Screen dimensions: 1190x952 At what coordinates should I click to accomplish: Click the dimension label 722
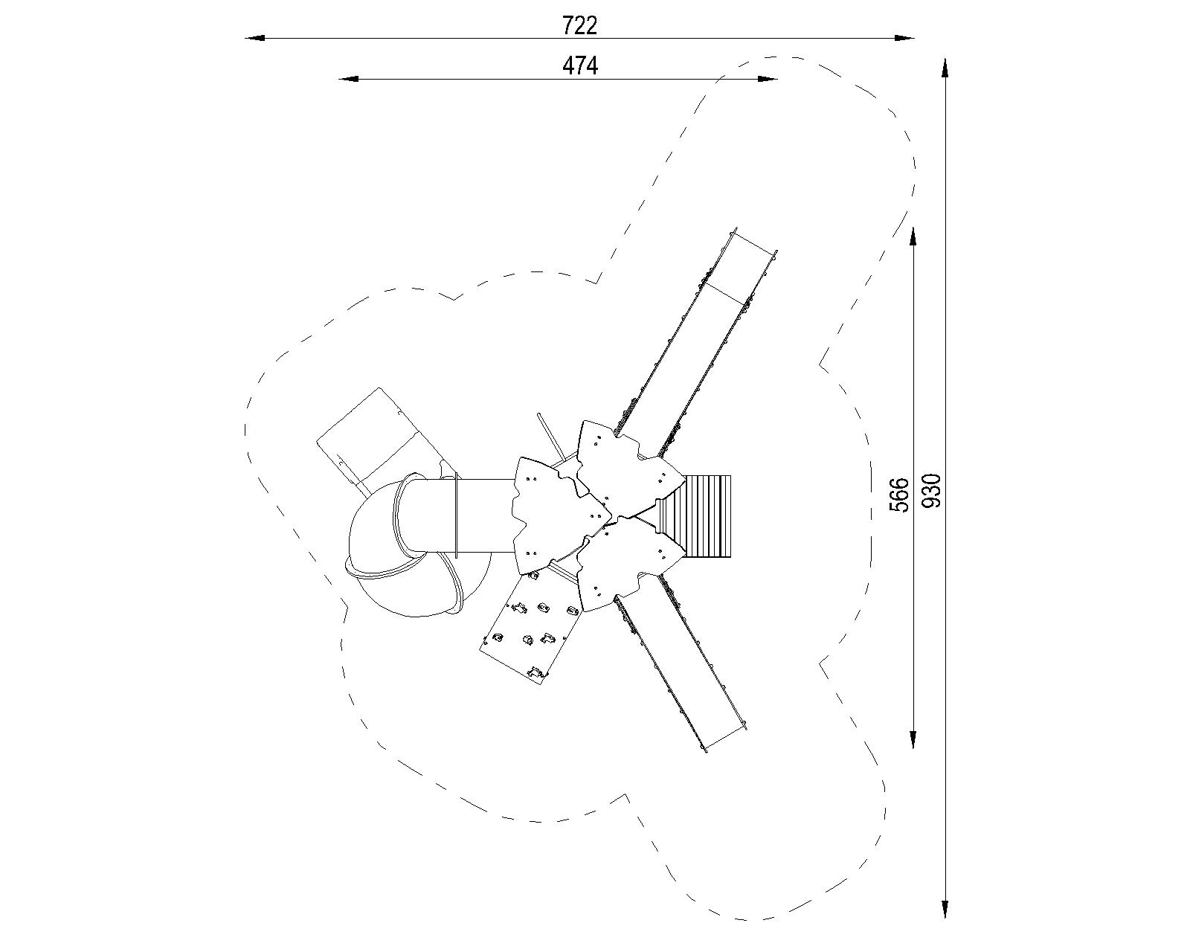tap(579, 25)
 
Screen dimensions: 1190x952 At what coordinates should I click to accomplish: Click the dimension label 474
tap(580, 66)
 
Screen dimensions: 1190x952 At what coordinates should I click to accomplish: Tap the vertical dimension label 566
tap(900, 495)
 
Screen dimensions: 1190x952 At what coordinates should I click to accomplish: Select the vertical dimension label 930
tap(932, 491)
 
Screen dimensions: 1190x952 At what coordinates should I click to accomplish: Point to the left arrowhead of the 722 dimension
tap(255, 38)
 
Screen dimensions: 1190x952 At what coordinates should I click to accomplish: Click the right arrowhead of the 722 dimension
tap(904, 38)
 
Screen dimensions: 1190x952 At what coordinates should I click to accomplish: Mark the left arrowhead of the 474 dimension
tap(348, 79)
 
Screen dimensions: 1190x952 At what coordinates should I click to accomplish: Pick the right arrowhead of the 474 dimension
tap(768, 79)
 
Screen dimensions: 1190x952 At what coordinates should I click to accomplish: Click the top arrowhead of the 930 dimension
tap(945, 68)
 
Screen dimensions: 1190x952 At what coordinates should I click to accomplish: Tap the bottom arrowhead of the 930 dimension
tap(945, 909)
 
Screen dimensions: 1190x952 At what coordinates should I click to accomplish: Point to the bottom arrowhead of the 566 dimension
tap(913, 739)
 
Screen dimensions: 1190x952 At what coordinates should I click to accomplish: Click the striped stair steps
tap(707, 517)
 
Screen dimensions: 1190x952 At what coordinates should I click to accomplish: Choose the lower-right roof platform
tap(628, 565)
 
